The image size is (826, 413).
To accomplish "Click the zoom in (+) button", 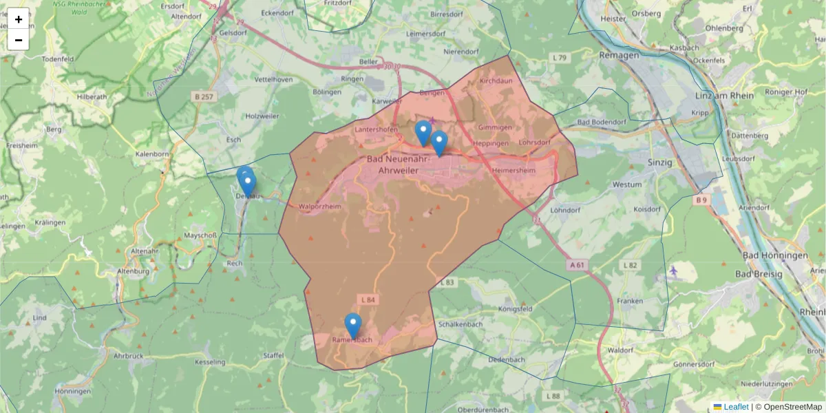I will tap(19, 19).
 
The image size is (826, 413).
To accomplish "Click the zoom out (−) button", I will tap(19, 40).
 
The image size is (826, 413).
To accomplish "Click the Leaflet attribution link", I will tap(735, 407).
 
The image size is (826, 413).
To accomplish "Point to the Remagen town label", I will tap(619, 54).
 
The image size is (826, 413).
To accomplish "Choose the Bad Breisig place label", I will tap(759, 274).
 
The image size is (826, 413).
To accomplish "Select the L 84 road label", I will tap(368, 299).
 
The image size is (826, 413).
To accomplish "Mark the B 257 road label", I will tap(204, 97).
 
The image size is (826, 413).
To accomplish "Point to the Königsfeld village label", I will tap(516, 309).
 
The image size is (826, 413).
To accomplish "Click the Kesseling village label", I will tap(210, 362).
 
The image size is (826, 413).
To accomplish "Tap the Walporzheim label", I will tap(321, 206).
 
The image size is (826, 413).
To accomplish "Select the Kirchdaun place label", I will tap(496, 81).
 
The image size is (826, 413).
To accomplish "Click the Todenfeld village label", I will tap(59, 59).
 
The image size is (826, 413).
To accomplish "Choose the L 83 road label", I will tap(447, 282).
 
